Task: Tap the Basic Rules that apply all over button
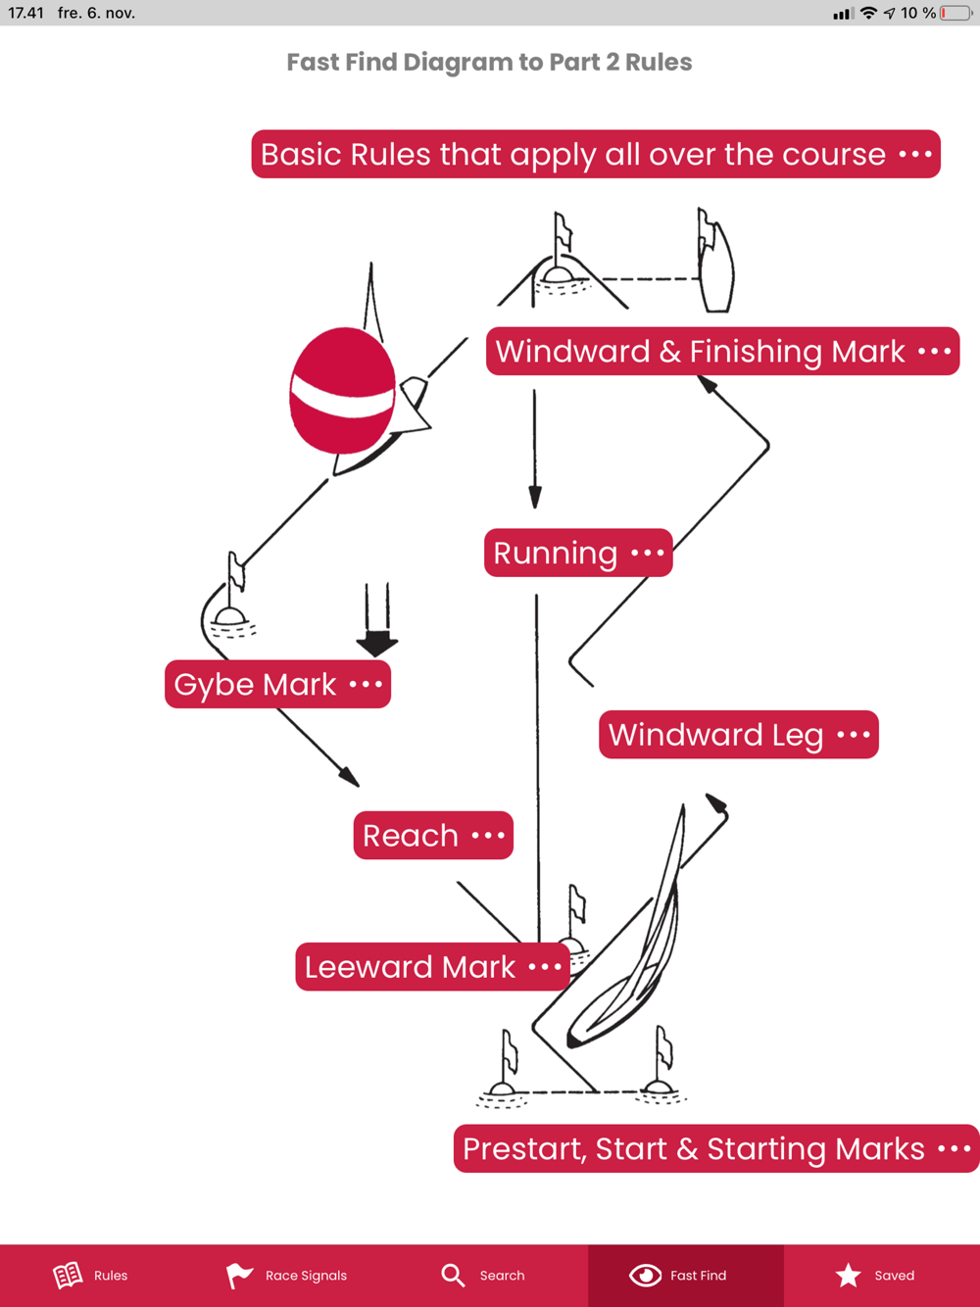595,154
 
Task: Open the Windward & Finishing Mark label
722,351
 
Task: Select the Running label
578,553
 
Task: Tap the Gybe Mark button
277,684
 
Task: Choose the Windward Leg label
738,734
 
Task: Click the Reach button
433,835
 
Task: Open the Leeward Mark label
432,967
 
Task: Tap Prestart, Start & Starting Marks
715,1148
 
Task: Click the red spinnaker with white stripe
342,390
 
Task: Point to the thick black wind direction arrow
377,622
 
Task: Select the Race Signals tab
286,1275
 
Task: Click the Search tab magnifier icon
453,1275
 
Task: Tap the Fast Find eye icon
645,1275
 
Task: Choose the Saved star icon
849,1275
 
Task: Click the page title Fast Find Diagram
489,62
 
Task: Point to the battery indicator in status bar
956,13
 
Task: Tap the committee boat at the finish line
715,263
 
